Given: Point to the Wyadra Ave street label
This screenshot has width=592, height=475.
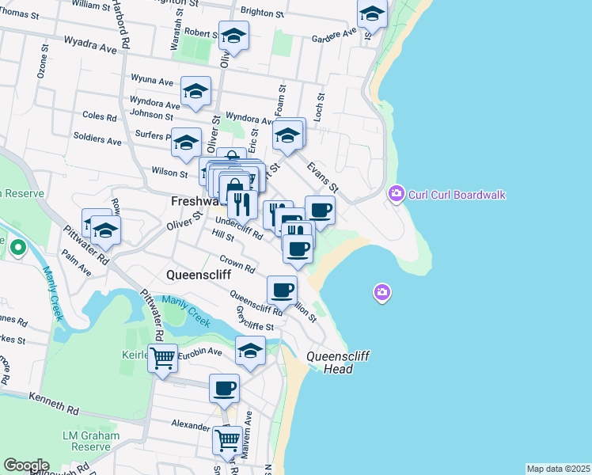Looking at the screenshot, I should click(90, 43).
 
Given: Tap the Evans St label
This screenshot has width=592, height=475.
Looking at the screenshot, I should click(322, 177).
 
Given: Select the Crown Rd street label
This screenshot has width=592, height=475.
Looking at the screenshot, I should click(237, 264).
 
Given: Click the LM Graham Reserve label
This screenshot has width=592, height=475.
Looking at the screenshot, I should click(91, 441).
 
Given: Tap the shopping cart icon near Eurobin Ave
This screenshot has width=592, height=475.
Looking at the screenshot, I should click(163, 358).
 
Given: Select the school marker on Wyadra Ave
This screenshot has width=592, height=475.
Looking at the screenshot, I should click(234, 36).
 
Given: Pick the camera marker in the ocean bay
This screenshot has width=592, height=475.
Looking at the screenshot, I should click(381, 294).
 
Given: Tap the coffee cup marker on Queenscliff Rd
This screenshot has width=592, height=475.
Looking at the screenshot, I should click(282, 290).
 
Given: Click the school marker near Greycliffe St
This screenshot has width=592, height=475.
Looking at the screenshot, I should click(251, 351).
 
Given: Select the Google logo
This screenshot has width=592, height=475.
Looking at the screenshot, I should click(26, 465).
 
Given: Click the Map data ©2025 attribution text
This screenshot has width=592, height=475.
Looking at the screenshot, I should click(558, 469).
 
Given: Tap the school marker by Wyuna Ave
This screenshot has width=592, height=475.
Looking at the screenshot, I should click(195, 91).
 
